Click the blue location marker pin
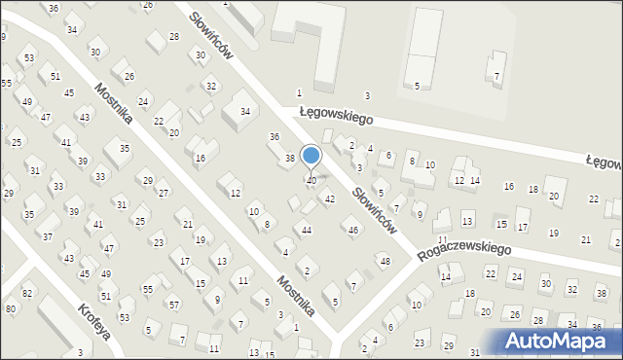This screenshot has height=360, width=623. coord(311,157)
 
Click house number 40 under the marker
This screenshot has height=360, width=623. coord(311,180)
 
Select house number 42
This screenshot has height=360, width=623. coord(330,198)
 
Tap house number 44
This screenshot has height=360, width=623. coord(307,230)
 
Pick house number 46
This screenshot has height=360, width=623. coord(353,230)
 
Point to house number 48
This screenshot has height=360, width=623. coord(385,261)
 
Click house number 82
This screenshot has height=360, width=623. coord(26,293)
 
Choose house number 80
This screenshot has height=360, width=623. coord(11,308)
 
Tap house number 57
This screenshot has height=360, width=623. coord(173,305)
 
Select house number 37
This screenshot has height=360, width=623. coord(47,236)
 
